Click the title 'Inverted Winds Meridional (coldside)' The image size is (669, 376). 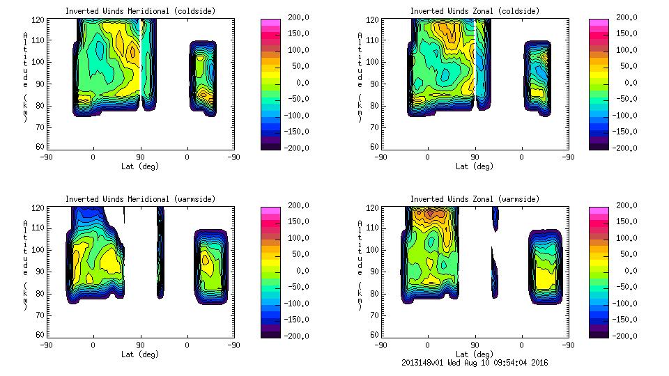coord(140,11)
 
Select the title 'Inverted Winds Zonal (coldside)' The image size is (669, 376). coord(475,11)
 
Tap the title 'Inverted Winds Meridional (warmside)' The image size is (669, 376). coord(140,199)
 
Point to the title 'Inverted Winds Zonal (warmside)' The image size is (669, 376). coord(475,199)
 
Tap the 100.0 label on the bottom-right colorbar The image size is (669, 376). coord(624,238)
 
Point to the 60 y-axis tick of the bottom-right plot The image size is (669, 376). coord(375,335)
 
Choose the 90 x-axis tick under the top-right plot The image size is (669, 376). coord(475,157)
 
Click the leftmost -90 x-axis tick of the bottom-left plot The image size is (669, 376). coord(46,345)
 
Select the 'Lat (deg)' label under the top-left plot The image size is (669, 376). coord(140,166)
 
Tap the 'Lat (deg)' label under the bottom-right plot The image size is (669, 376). coord(475,354)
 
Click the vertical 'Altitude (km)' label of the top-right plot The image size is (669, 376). coord(360,77)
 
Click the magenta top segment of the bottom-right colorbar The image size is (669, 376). coord(599,209)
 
